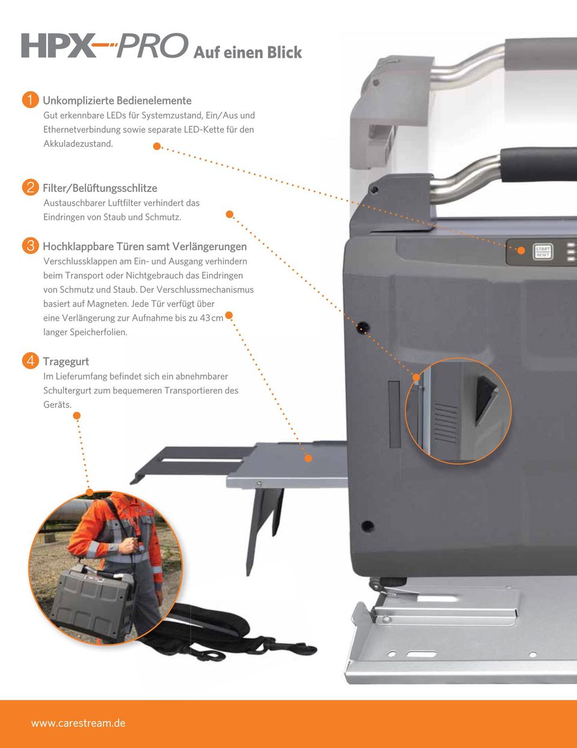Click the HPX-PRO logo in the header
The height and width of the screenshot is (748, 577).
(x=105, y=45)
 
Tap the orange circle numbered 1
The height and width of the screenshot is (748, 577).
(x=30, y=100)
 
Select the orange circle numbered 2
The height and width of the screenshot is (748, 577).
(x=30, y=188)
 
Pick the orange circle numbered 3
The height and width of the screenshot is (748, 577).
(x=30, y=246)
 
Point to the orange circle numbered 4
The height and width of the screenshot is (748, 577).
(x=30, y=360)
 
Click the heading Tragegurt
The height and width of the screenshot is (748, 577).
(x=66, y=362)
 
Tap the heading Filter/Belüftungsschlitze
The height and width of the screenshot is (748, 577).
(x=100, y=188)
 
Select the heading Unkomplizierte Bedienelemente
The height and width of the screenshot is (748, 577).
(x=117, y=100)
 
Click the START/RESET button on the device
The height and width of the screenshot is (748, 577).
(x=543, y=252)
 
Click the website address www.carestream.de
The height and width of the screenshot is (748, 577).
(x=78, y=723)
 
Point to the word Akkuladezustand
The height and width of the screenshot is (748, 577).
(x=78, y=144)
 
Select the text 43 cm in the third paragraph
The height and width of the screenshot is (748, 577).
(x=212, y=318)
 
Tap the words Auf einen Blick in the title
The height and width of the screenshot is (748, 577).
(x=248, y=52)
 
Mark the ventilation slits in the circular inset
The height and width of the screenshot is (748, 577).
(x=446, y=422)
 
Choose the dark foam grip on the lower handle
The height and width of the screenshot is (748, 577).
(x=539, y=165)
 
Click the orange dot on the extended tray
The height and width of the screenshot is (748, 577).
(x=308, y=458)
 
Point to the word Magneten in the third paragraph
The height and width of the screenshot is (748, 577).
(x=108, y=304)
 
